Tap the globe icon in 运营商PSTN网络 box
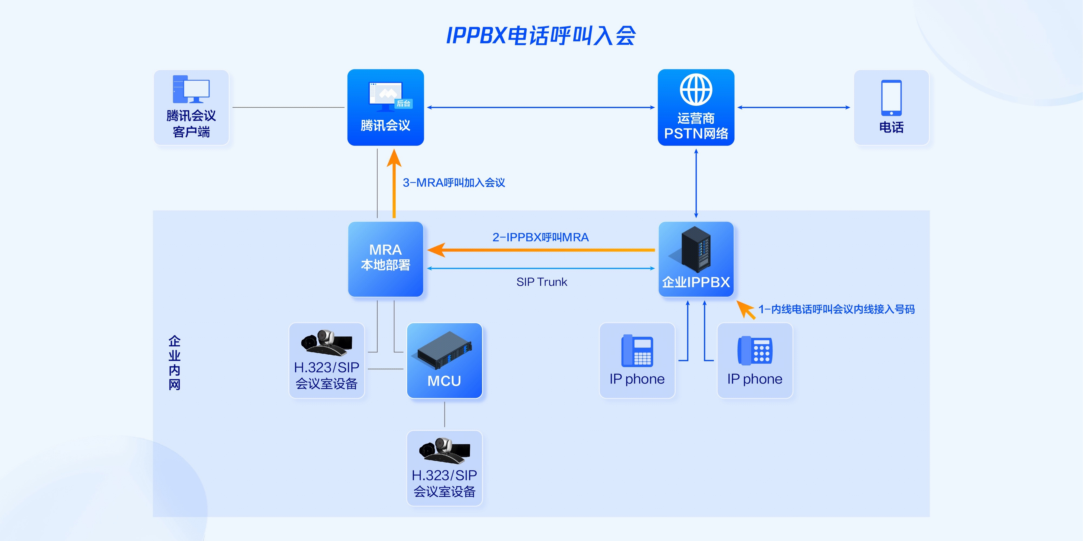[x=696, y=90]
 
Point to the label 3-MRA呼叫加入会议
[x=454, y=183]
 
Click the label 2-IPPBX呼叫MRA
[x=540, y=237]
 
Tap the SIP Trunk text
[x=541, y=282]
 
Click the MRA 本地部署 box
[x=385, y=259]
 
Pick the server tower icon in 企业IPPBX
[x=696, y=249]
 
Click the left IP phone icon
[x=637, y=351]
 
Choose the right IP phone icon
[x=755, y=351]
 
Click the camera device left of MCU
[x=327, y=341]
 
